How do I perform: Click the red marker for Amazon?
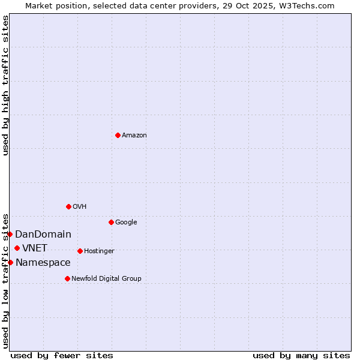click(x=118, y=135)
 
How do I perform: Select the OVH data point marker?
click(x=68, y=206)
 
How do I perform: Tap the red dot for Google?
click(x=111, y=222)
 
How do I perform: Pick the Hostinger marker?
click(x=80, y=251)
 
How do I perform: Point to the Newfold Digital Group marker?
click(x=67, y=278)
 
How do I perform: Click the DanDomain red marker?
click(x=10, y=234)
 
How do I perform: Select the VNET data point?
click(x=17, y=248)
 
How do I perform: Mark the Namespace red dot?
click(x=10, y=262)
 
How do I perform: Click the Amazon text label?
click(x=134, y=136)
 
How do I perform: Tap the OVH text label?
click(x=80, y=207)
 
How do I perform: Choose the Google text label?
click(x=126, y=223)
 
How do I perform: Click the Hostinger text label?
click(x=99, y=251)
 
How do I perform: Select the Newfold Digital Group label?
click(x=106, y=279)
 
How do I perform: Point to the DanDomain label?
click(x=43, y=235)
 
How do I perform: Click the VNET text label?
click(x=35, y=248)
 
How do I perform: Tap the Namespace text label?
click(x=43, y=263)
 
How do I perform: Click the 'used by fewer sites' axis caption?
click(x=62, y=355)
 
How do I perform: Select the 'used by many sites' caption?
click(x=301, y=355)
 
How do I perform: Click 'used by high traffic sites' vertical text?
click(x=5, y=85)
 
